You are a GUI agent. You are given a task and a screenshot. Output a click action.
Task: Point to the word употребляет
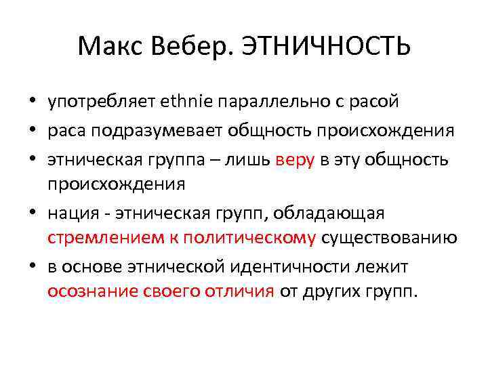[x=102, y=102]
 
